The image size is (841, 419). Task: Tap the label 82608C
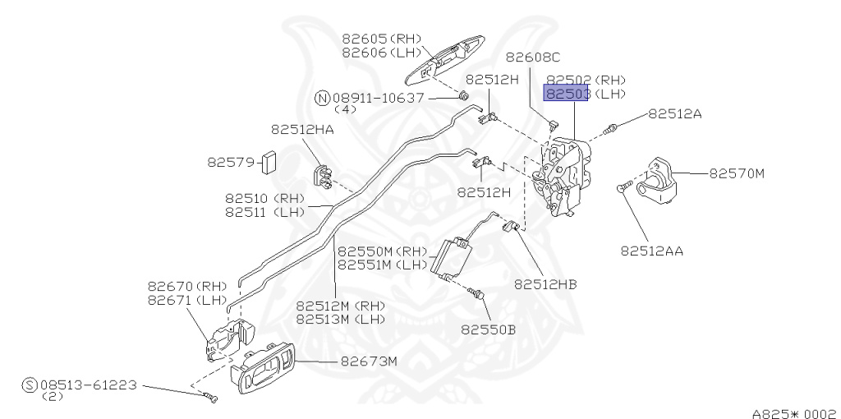coord(532,58)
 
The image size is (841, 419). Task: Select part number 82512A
coord(675,114)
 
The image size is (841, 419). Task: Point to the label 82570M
coord(737,173)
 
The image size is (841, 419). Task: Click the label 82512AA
coord(652,250)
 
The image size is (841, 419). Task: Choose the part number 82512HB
coord(545,284)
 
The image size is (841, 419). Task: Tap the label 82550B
coord(488,329)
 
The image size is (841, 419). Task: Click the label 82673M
coord(369,361)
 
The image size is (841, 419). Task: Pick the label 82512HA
coord(302,129)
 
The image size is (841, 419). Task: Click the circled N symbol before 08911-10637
coord(322,98)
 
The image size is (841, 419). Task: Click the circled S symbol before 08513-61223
coord(30,384)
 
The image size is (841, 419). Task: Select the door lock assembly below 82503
coord(563,177)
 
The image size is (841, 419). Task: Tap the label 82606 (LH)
coord(380,53)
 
